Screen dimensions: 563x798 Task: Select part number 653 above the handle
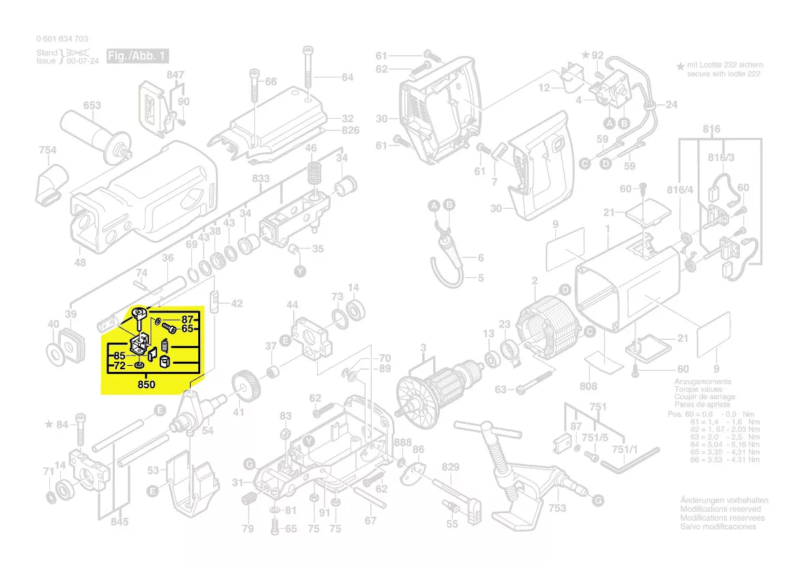(92, 105)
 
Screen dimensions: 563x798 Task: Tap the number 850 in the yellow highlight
(146, 385)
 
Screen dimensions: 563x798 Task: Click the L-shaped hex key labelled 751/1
(630, 461)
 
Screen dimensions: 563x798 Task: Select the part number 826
(350, 130)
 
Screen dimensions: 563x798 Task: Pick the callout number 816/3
(721, 158)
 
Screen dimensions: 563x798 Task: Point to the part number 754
(47, 150)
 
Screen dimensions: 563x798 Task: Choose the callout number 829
(451, 467)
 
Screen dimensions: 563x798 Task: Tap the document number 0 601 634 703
(61, 40)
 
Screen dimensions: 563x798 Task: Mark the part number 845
(119, 523)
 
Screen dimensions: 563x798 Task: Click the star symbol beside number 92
(585, 54)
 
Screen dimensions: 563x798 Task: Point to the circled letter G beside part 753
(598, 501)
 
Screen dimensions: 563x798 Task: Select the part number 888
(402, 442)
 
